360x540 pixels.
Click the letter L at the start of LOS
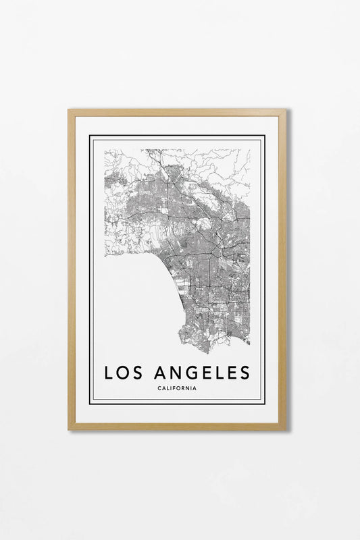[x=108, y=373]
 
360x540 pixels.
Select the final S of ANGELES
[x=244, y=373]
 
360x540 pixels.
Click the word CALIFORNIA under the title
[x=177, y=387]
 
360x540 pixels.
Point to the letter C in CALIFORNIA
[x=158, y=387]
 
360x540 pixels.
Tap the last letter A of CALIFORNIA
[x=196, y=387]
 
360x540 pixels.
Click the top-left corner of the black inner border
[x=91, y=136]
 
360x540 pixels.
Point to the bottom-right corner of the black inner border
[x=264, y=403]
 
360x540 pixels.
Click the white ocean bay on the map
[x=135, y=297]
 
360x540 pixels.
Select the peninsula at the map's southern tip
[x=196, y=341]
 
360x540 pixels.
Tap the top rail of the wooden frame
[x=177, y=112]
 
